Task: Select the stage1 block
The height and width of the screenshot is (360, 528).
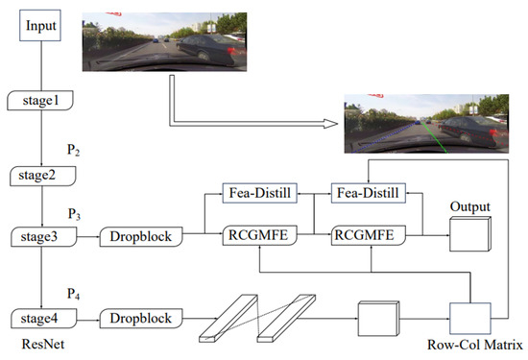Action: (39, 99)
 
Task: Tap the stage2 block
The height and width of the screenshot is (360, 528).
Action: (39, 175)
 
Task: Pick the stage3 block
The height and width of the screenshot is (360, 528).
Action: (39, 236)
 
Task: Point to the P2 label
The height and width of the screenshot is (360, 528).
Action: (72, 151)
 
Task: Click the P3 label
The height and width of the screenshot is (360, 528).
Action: (72, 212)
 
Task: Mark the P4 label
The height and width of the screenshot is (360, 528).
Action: (72, 284)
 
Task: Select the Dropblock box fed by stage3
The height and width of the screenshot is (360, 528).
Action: (139, 236)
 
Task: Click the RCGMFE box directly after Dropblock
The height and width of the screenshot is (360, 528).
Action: (253, 233)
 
